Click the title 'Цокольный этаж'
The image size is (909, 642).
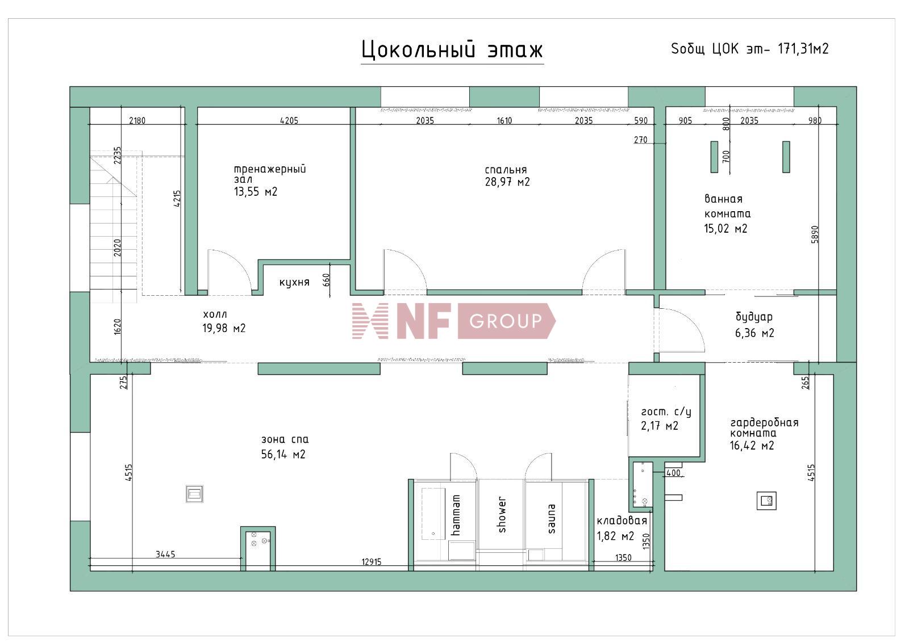452,49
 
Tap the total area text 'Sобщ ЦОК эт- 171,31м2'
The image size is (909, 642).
750,49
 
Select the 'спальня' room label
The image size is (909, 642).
506,170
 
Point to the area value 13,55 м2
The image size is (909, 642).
256,191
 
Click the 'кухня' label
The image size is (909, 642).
294,282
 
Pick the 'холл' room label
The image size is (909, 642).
215,314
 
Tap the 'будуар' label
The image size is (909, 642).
754,317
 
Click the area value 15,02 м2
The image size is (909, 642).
725,229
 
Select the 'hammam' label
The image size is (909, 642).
456,515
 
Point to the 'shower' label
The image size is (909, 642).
502,515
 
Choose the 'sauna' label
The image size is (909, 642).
552,518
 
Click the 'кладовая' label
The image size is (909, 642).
622,521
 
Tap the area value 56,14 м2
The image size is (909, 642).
283,454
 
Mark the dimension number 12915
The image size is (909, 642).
372,562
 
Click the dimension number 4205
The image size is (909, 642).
289,120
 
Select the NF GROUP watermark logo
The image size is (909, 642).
453,321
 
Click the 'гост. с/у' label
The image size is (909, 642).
666,412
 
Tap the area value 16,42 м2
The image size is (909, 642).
752,446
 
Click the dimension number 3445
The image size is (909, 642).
165,554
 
